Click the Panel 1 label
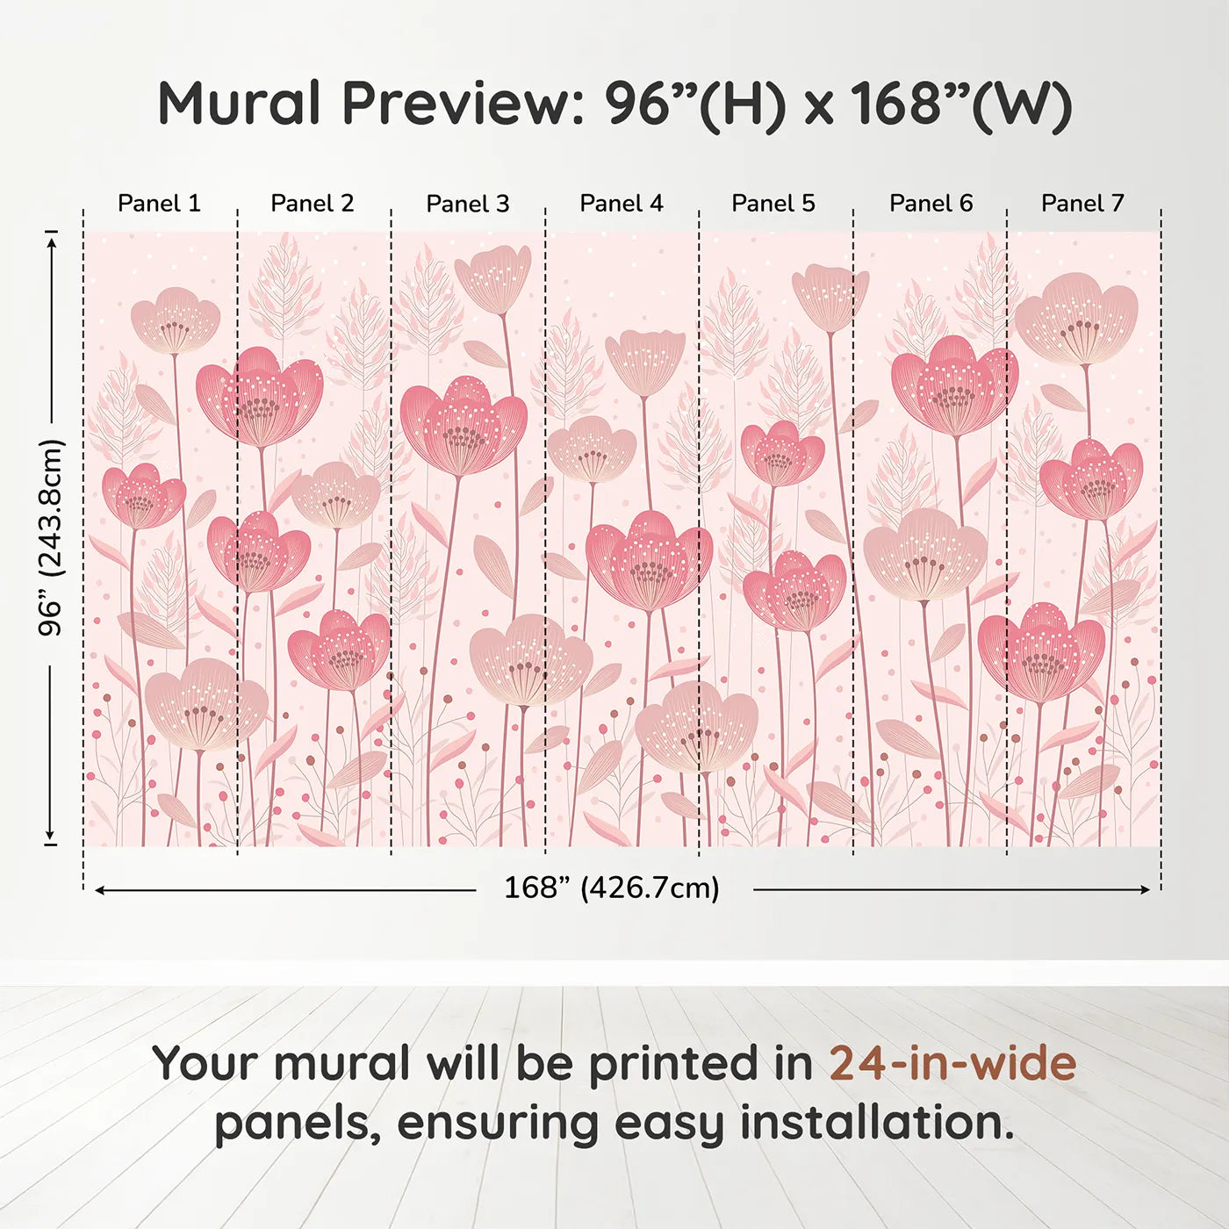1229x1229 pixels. click(159, 204)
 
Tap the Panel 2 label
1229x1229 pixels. click(312, 204)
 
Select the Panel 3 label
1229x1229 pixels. click(467, 204)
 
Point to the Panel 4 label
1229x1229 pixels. click(621, 204)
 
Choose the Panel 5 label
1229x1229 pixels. click(773, 204)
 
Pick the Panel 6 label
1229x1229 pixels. click(931, 204)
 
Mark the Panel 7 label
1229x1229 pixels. click(1082, 204)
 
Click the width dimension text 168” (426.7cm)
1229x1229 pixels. click(611, 888)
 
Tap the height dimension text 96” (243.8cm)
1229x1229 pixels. click(51, 537)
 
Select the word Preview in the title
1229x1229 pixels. click(456, 104)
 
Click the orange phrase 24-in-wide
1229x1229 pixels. click(952, 1064)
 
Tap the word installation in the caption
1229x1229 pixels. click(875, 1124)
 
